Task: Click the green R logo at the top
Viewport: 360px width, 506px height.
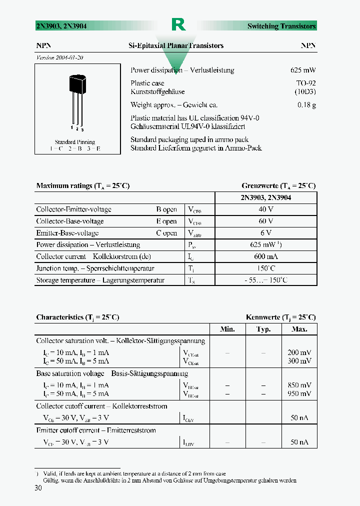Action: point(178,24)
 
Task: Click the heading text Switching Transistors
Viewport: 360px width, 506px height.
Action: point(281,26)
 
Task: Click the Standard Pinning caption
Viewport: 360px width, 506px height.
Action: point(75,142)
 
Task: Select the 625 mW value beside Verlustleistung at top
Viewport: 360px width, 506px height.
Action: point(303,70)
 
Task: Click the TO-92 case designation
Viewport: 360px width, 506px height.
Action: point(306,83)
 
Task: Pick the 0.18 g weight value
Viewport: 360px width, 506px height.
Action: point(306,105)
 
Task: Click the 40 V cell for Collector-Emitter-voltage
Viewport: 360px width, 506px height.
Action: point(265,209)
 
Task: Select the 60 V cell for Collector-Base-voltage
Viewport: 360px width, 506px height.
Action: point(265,221)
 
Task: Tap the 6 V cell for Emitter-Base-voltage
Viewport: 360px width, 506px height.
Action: point(265,233)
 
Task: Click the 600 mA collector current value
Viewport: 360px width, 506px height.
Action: point(265,256)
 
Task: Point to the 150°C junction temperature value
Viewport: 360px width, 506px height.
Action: point(265,268)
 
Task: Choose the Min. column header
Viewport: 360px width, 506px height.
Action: point(227,329)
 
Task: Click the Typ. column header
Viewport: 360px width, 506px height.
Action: point(263,329)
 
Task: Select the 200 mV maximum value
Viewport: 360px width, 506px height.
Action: point(300,352)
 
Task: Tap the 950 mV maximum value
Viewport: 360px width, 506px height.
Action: point(300,393)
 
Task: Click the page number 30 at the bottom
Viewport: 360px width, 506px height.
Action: point(38,488)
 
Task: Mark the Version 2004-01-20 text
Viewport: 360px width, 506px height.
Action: point(60,57)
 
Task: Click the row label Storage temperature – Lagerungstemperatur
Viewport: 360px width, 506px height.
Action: point(100,280)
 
